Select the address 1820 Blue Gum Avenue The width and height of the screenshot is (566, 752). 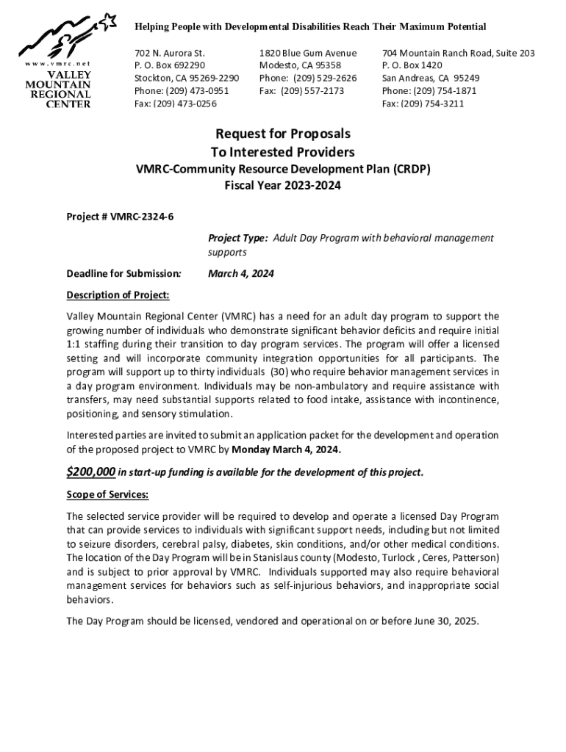tap(308, 53)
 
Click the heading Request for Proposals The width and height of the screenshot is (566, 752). tap(282, 134)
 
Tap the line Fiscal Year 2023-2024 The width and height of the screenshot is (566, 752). tap(282, 186)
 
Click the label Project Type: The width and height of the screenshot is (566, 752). tap(238, 238)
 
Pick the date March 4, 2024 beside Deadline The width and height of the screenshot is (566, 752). tap(241, 274)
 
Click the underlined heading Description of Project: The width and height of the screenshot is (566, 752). tap(118, 295)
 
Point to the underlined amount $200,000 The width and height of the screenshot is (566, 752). tap(90, 471)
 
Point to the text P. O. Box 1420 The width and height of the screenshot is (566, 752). tap(412, 65)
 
